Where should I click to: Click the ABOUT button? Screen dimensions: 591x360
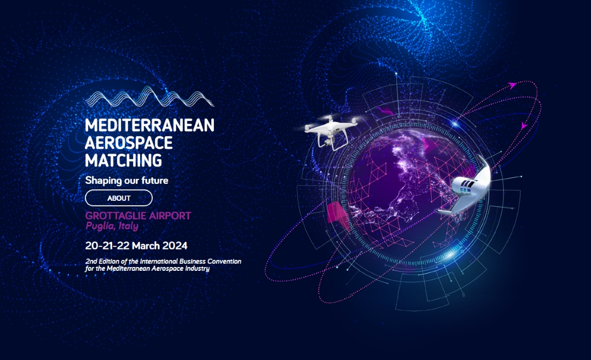(x=119, y=198)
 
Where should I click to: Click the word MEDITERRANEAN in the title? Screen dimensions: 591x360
(x=149, y=125)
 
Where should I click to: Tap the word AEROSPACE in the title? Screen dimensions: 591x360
(x=129, y=143)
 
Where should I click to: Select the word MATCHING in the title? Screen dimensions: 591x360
(x=124, y=160)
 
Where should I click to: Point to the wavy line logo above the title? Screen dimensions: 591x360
(x=149, y=96)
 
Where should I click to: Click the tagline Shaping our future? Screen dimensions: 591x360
(x=126, y=181)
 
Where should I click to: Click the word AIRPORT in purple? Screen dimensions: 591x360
(x=170, y=216)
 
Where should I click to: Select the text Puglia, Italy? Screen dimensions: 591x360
(x=112, y=226)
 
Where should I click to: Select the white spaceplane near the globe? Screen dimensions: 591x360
(x=467, y=187)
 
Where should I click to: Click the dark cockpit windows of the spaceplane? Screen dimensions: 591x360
(x=468, y=184)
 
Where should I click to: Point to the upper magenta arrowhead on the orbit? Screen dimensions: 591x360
(x=512, y=85)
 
